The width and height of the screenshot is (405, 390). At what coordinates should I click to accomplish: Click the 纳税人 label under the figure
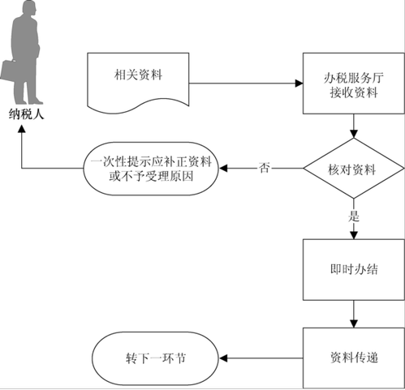tap(26, 114)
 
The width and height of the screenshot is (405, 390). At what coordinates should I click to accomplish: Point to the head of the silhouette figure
tap(29, 9)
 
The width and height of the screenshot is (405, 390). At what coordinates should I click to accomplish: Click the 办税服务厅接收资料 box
tap(354, 84)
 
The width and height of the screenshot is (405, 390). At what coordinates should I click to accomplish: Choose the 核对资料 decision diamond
tap(354, 169)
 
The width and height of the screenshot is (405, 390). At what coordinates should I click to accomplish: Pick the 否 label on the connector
tap(264, 168)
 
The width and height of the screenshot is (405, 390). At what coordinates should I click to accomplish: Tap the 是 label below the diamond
tap(354, 216)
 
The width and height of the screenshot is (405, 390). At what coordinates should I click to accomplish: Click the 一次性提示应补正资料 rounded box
tap(151, 169)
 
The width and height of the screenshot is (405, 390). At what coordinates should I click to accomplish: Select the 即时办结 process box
tap(354, 269)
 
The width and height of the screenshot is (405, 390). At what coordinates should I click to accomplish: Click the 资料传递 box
tap(354, 358)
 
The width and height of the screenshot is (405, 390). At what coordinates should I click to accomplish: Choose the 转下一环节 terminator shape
tap(155, 358)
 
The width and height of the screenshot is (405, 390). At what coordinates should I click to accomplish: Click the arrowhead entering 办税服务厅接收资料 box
tap(299, 84)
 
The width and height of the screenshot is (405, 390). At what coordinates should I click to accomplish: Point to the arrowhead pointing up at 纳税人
tap(22, 129)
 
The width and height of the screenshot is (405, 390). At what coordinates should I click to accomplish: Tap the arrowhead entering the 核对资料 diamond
tap(354, 134)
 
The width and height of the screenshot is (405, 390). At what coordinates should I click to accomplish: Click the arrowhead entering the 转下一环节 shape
tap(222, 358)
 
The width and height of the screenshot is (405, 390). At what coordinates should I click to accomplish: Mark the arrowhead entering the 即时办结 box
tap(354, 235)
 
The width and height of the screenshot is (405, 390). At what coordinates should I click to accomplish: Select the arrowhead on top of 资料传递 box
tap(354, 324)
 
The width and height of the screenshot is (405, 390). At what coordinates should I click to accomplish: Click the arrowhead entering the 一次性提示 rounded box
tap(222, 169)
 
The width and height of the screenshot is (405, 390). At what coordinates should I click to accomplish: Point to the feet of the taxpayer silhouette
tap(29, 101)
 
